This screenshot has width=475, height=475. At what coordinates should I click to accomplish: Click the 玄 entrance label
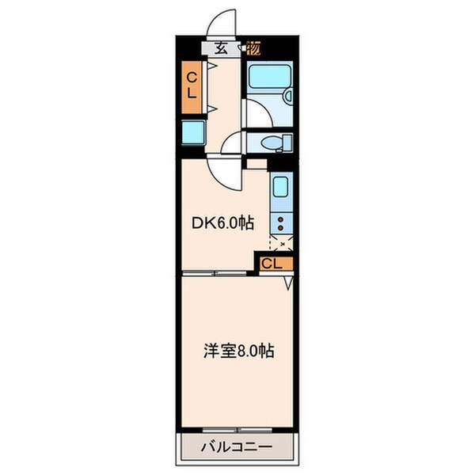point(222,47)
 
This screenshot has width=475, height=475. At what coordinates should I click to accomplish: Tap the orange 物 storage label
point(254,47)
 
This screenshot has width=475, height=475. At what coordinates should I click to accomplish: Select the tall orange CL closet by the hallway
point(191,85)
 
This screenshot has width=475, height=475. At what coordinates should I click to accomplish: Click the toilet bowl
point(271,142)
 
